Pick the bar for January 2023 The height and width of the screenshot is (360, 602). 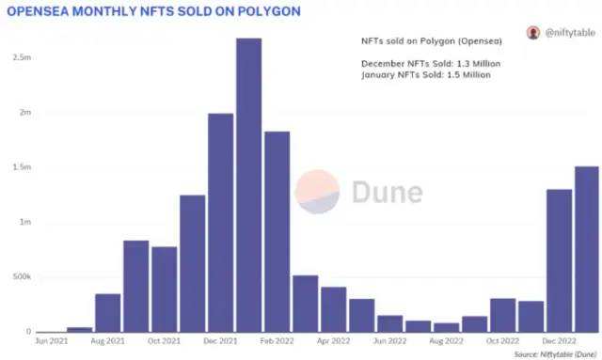click(x=586, y=249)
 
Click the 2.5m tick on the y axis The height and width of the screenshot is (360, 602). click(x=21, y=57)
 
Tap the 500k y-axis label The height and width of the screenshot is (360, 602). click(x=20, y=277)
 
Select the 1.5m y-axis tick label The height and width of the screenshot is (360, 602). click(x=21, y=167)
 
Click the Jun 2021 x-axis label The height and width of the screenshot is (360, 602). click(x=51, y=340)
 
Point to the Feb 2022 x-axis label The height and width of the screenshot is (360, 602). click(x=277, y=340)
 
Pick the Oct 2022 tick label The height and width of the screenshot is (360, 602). click(x=502, y=340)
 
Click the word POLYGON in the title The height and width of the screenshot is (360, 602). click(x=273, y=11)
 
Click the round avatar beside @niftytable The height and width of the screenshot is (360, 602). click(x=533, y=33)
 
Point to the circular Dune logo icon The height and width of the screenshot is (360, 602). click(x=318, y=192)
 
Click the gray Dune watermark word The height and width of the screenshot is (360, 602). click(x=386, y=192)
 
